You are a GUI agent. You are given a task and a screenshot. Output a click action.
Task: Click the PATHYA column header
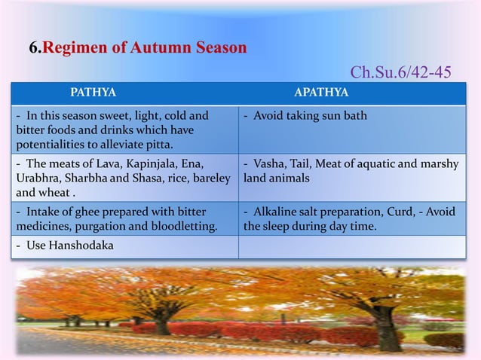tap(93, 93)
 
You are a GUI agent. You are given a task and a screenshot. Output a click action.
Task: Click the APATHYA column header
tap(320, 93)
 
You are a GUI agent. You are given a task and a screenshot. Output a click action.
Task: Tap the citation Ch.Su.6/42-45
tap(401, 72)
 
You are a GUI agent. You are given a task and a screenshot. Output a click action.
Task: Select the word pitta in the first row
tap(156, 144)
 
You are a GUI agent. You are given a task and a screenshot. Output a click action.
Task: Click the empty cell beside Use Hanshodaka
tap(351, 247)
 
